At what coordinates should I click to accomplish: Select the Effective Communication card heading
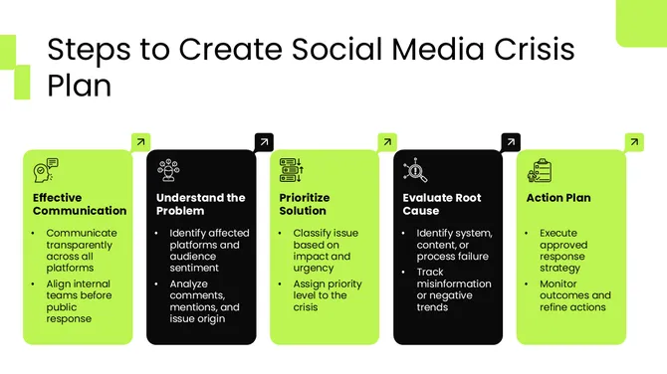(80, 204)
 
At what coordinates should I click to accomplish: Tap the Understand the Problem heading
(201, 204)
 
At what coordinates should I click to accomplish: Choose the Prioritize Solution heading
(305, 204)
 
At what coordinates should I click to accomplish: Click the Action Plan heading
(558, 198)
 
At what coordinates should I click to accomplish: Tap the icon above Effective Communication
(46, 171)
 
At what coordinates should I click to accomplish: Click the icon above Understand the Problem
(168, 171)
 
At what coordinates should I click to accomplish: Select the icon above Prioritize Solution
(292, 171)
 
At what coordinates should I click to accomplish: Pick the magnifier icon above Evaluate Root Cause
(415, 171)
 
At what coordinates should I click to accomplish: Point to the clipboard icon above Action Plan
(539, 171)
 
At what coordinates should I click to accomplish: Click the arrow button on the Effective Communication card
(140, 142)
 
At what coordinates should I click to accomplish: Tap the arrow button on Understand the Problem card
(264, 142)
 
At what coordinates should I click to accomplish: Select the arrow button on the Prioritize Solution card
(387, 142)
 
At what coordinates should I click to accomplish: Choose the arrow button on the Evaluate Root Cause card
(511, 142)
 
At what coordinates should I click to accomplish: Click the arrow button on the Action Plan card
(634, 142)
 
